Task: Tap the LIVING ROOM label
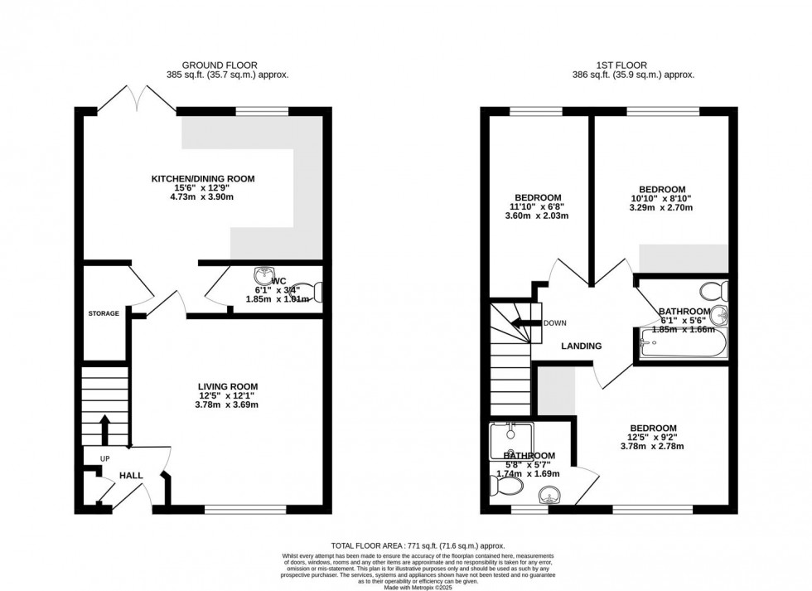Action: click(227, 386)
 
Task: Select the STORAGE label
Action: click(104, 313)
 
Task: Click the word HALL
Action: click(131, 476)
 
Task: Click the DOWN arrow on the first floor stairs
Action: click(524, 323)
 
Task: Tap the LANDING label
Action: click(581, 346)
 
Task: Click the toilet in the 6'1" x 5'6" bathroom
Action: click(713, 290)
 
